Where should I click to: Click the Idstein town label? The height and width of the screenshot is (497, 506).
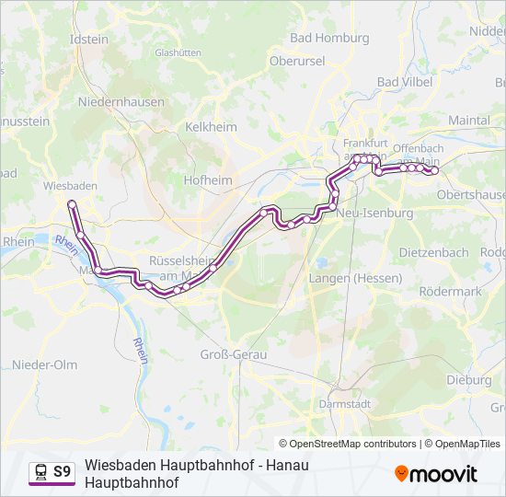(88, 40)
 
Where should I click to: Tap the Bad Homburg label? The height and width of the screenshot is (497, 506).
(329, 38)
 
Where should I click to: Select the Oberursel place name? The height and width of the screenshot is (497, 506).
(297, 60)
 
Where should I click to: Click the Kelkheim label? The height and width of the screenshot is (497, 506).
(211, 127)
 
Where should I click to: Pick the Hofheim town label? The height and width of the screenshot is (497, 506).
(208, 180)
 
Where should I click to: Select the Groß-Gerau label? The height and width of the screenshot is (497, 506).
(233, 354)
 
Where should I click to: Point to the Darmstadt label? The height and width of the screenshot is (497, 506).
(344, 403)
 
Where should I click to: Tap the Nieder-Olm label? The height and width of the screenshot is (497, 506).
(44, 364)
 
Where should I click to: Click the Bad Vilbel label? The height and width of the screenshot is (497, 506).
(400, 82)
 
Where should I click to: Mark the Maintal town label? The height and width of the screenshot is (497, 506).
(468, 121)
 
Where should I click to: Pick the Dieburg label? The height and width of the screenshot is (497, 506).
(468, 379)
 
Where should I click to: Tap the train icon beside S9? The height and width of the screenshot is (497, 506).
(40, 472)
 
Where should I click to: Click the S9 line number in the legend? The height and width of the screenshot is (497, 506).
(63, 472)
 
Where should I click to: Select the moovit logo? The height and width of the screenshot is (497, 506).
(436, 474)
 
